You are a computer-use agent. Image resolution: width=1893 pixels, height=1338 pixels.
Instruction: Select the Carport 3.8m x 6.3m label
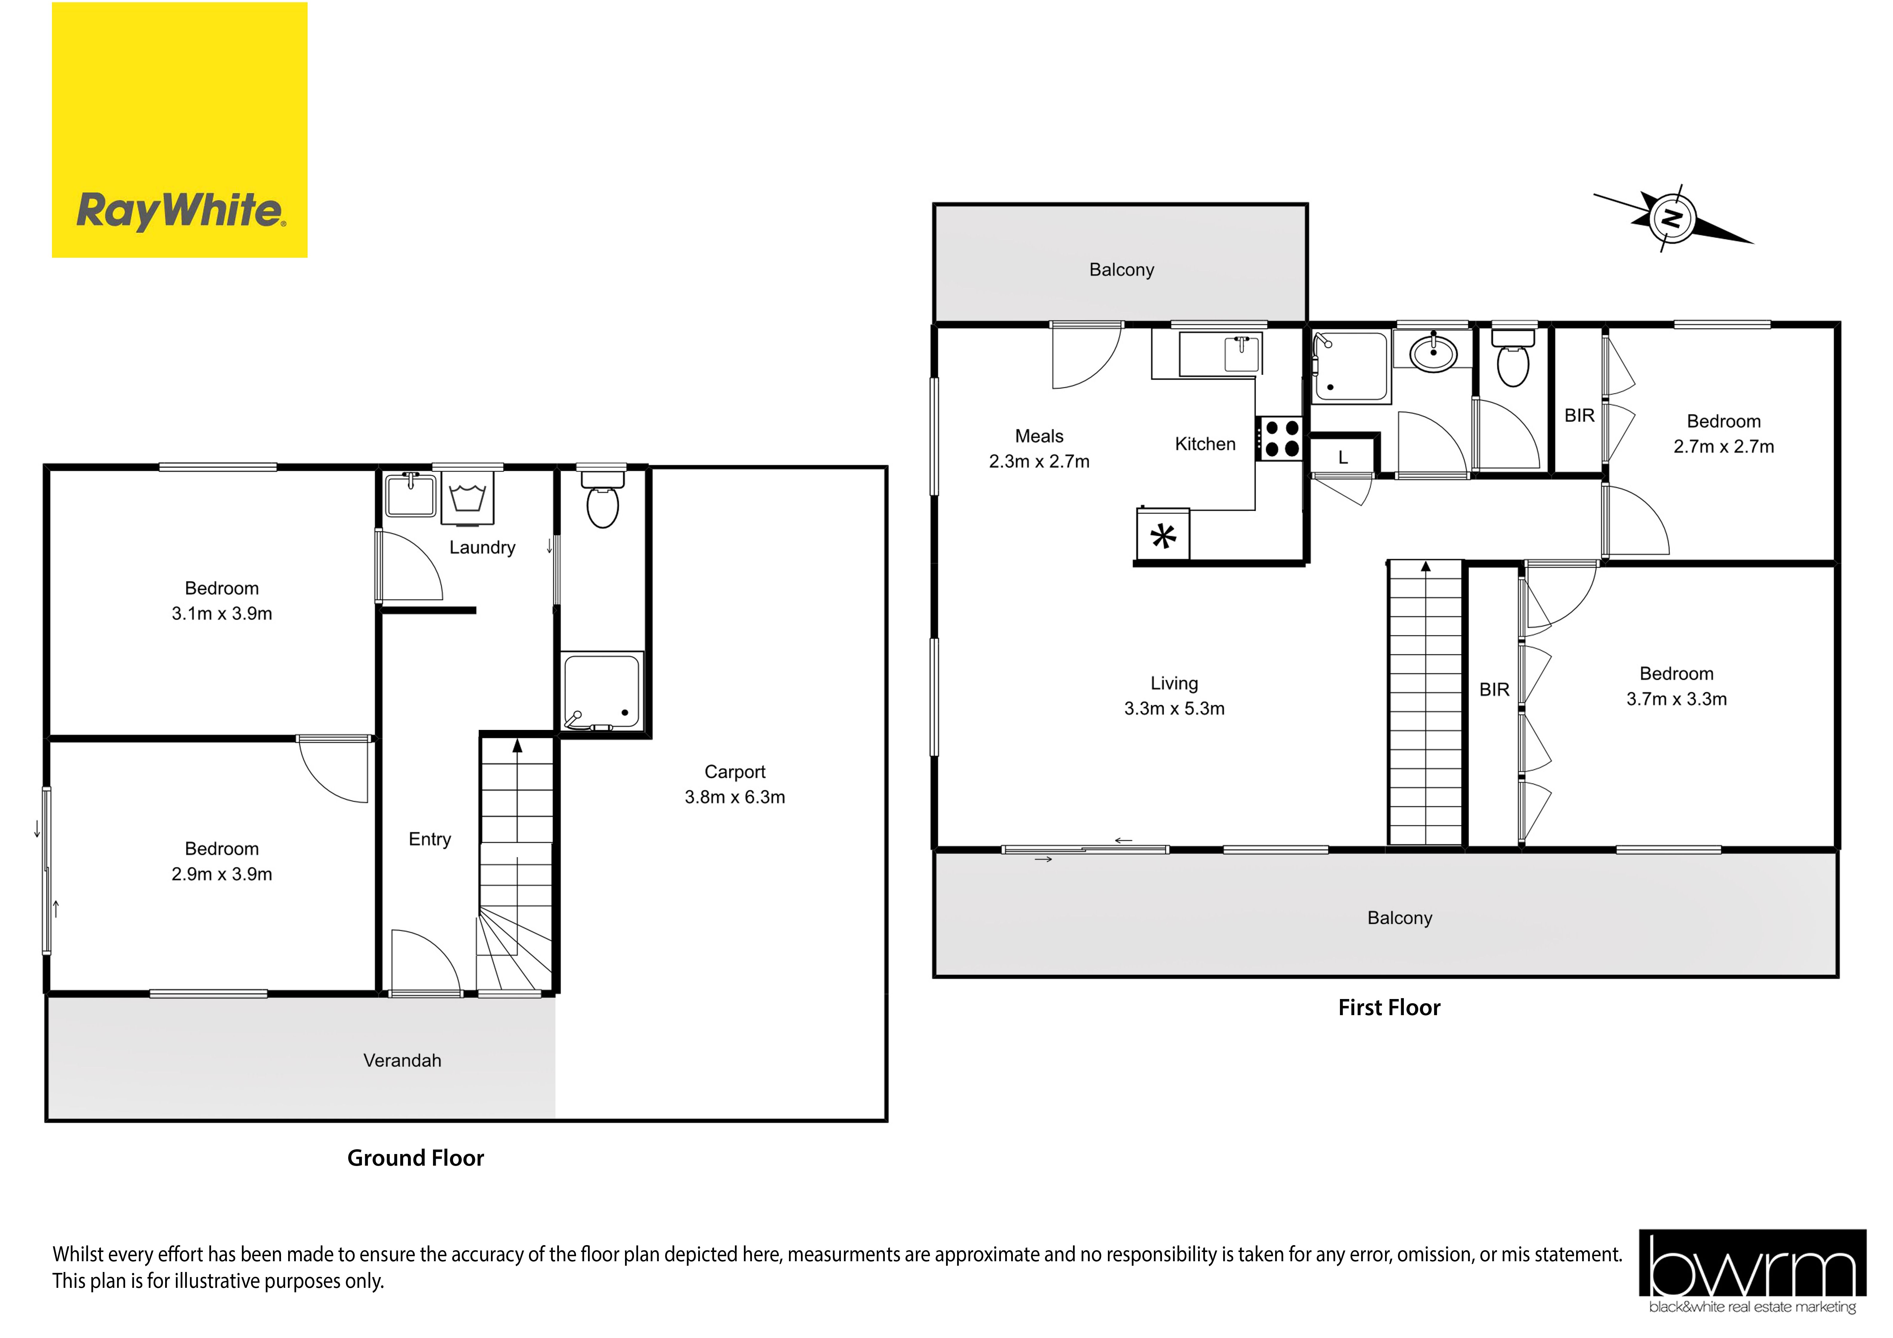(x=735, y=784)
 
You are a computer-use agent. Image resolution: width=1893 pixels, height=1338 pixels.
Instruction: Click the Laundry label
(x=482, y=547)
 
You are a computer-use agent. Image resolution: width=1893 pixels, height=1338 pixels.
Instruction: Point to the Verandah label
(x=402, y=1060)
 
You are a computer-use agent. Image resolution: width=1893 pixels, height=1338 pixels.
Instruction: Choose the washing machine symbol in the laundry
(x=467, y=498)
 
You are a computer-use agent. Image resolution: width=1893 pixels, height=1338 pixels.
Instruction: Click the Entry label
(x=429, y=839)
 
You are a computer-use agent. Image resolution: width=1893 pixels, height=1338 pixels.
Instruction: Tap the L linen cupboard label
(x=1343, y=458)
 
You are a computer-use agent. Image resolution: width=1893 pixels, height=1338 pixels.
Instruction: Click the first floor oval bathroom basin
(x=1433, y=353)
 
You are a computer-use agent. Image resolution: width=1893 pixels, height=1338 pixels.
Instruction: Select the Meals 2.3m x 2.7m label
(x=1039, y=449)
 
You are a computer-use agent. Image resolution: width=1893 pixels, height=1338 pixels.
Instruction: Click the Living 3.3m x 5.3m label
(x=1174, y=696)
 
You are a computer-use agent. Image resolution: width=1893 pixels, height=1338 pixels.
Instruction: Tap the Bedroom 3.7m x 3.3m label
(x=1676, y=686)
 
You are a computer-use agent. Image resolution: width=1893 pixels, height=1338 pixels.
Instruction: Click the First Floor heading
(x=1389, y=1007)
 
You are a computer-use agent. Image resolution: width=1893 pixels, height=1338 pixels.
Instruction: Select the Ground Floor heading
(x=415, y=1158)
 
